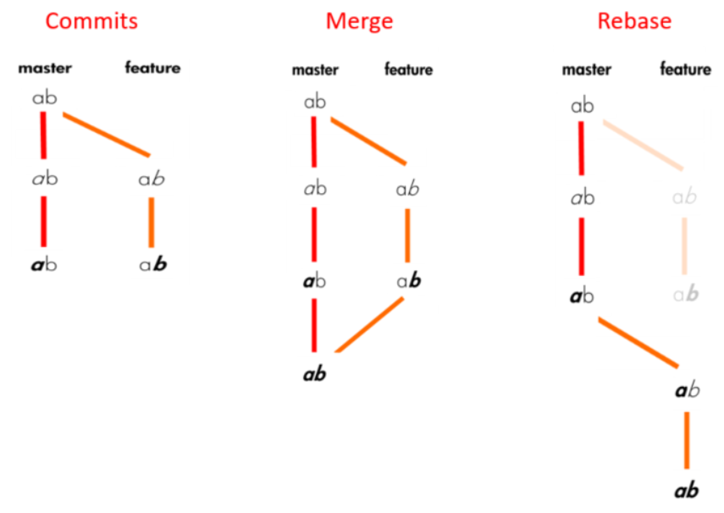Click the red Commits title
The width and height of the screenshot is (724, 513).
pos(91,20)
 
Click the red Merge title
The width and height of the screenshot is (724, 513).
pos(359,20)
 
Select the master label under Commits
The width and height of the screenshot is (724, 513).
pos(45,68)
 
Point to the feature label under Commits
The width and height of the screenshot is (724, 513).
pos(152,68)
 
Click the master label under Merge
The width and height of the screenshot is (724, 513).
pos(315,70)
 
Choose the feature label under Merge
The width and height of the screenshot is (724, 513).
pos(408,70)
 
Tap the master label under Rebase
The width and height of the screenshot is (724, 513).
pos(586,69)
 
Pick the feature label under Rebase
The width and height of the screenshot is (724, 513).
pos(685,69)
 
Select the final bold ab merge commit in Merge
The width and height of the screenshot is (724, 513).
pos(315,373)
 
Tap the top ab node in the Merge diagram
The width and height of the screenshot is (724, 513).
pos(315,102)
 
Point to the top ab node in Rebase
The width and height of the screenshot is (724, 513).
pos(582,107)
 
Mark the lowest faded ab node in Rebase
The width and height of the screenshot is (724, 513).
pos(686,295)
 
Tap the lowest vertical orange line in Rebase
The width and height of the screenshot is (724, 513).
pos(686,440)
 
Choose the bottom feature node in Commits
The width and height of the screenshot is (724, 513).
pos(152,265)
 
